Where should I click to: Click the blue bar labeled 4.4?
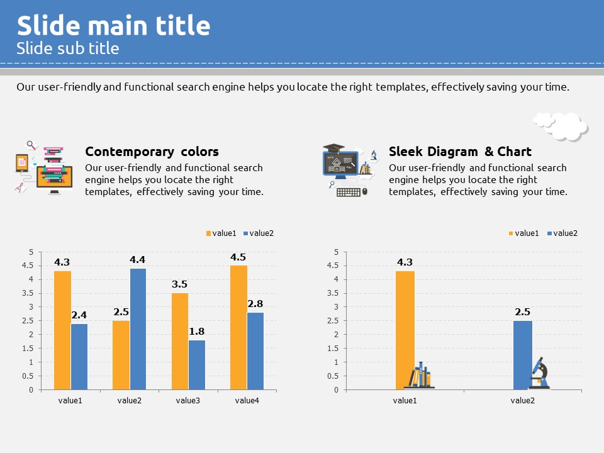pyautogui.click(x=138, y=329)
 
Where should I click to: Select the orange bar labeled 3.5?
pyautogui.click(x=180, y=341)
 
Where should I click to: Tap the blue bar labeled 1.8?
pyautogui.click(x=197, y=365)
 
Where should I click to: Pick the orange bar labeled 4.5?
pyautogui.click(x=238, y=327)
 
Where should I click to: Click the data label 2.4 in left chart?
pyautogui.click(x=79, y=315)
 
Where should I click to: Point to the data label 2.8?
pyautogui.click(x=255, y=304)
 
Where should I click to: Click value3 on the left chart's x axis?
pyautogui.click(x=188, y=400)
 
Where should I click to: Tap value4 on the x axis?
pyautogui.click(x=247, y=400)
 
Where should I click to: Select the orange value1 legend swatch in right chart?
pyautogui.click(x=512, y=233)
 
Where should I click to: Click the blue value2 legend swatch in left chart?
pyautogui.click(x=246, y=233)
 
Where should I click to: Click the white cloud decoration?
pyautogui.click(x=560, y=126)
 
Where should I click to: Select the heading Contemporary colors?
pyautogui.click(x=152, y=152)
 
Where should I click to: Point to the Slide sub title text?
pyautogui.click(x=68, y=48)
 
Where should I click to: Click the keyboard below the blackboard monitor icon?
pyautogui.click(x=349, y=192)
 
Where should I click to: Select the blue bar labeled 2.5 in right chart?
pyautogui.click(x=523, y=355)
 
